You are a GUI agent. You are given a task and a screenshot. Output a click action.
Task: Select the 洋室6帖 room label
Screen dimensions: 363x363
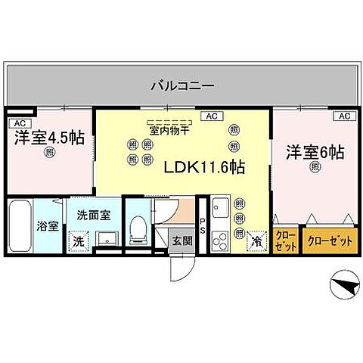click(315, 152)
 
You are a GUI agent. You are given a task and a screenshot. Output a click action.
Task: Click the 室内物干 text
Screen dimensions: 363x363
click(170, 131)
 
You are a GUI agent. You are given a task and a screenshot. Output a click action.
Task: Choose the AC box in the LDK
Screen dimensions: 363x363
click(211, 116)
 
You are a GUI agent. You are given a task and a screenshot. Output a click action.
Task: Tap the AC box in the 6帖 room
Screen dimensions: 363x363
click(343, 116)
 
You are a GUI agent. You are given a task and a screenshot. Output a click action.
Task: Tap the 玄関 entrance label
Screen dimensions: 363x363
click(181, 240)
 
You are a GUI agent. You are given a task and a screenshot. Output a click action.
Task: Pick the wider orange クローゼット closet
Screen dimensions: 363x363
click(330, 241)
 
